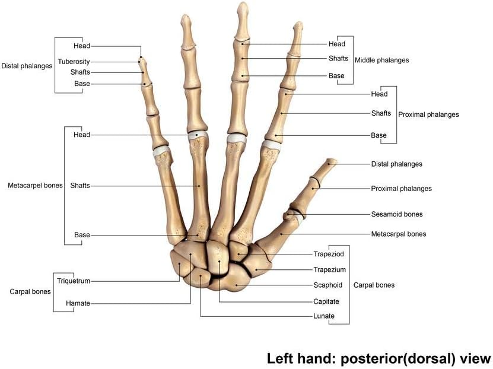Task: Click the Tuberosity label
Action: [x=74, y=61]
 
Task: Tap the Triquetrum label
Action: [x=74, y=281]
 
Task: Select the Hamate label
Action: [x=78, y=303]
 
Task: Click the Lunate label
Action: [x=324, y=316]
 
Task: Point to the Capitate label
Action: [x=326, y=301]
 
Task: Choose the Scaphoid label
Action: [x=327, y=285]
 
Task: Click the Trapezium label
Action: [x=329, y=269]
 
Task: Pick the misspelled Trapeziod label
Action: [x=329, y=254]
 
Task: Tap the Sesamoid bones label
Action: [x=397, y=214]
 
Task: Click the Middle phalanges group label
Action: [x=381, y=60]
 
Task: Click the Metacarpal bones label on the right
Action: [x=398, y=234]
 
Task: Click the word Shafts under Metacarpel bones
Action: [x=80, y=186]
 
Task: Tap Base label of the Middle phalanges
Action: [x=336, y=76]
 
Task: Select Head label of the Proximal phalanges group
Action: [x=379, y=94]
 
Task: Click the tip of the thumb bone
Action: [x=333, y=161]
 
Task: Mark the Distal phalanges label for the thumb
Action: [x=396, y=164]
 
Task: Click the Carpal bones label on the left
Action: [x=30, y=292]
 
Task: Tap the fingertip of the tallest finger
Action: [x=242, y=5]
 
